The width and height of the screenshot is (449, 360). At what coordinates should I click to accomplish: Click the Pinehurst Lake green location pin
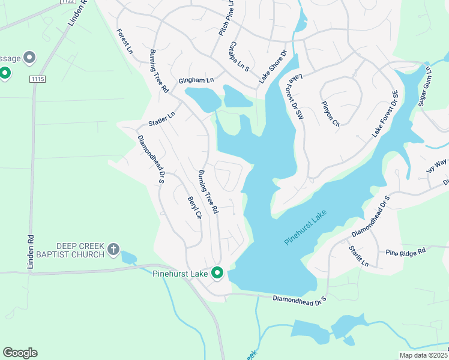point(217,273)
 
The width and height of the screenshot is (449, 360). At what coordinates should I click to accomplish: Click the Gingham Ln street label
point(196,80)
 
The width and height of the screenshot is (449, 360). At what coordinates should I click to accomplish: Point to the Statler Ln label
point(161,119)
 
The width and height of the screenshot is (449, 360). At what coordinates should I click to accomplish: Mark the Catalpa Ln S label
point(239,56)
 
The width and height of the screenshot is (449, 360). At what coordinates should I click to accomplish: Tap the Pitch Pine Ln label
point(225,17)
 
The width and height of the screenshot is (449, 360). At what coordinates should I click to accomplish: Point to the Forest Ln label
point(125,41)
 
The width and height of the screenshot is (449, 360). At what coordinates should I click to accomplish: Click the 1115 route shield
point(38,79)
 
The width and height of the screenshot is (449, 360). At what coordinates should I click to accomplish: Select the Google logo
point(20,353)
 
